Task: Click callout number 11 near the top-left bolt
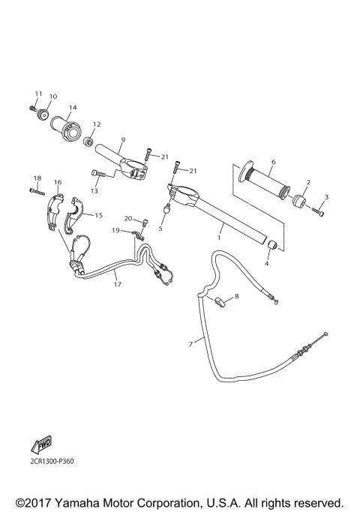point(36,93)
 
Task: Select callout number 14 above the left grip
point(73,107)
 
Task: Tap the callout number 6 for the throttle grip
point(274,162)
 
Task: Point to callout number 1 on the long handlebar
point(219,238)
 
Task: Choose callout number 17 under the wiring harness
point(117,284)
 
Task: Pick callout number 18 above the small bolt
point(36,177)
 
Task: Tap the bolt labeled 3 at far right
point(319,211)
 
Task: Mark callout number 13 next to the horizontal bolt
point(94,191)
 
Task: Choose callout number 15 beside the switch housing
point(97,215)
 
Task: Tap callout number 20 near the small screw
point(128,218)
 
